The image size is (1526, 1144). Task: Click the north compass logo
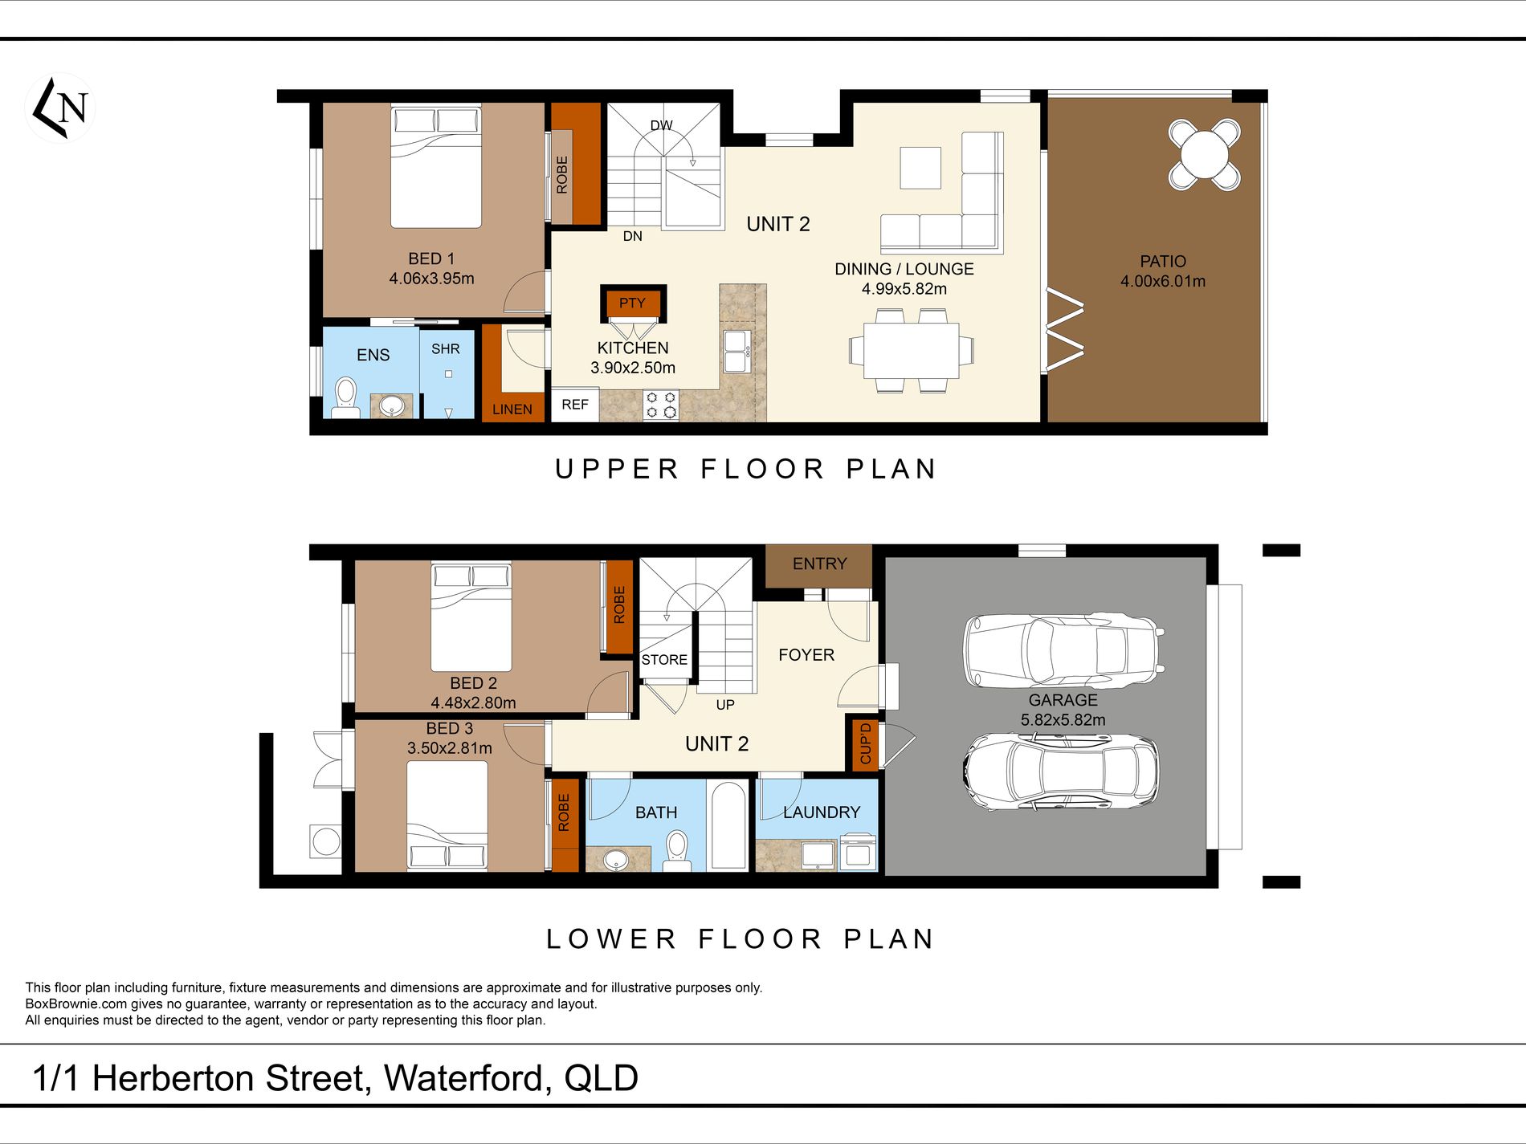click(x=60, y=108)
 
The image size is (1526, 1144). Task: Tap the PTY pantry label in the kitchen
click(x=632, y=303)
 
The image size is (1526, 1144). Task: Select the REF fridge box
click(x=575, y=405)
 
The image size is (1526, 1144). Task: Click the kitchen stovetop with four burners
click(x=660, y=405)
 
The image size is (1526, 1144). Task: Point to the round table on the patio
click(x=1204, y=154)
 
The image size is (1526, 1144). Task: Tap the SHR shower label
click(x=446, y=349)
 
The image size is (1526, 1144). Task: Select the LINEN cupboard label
click(x=512, y=409)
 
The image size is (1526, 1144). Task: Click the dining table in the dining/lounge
click(x=912, y=350)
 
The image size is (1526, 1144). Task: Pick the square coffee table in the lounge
click(x=920, y=168)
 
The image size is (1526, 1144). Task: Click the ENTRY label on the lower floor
click(x=820, y=564)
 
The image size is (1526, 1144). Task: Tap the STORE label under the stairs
click(x=664, y=660)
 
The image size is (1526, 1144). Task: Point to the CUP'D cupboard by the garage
click(x=865, y=743)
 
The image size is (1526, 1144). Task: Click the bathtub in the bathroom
click(x=729, y=826)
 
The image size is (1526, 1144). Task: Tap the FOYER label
click(x=806, y=655)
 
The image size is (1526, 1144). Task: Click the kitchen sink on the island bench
click(x=736, y=352)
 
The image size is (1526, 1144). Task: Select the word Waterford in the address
click(x=467, y=1078)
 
